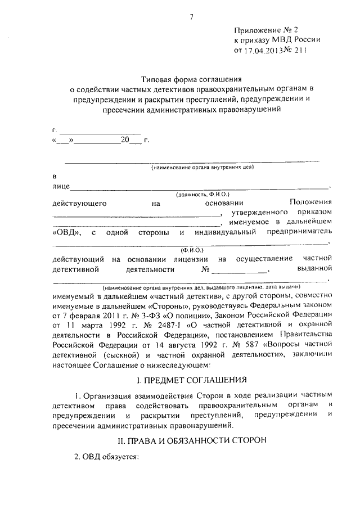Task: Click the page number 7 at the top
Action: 191,17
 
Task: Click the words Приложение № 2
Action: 259,29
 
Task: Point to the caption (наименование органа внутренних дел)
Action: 203,167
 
